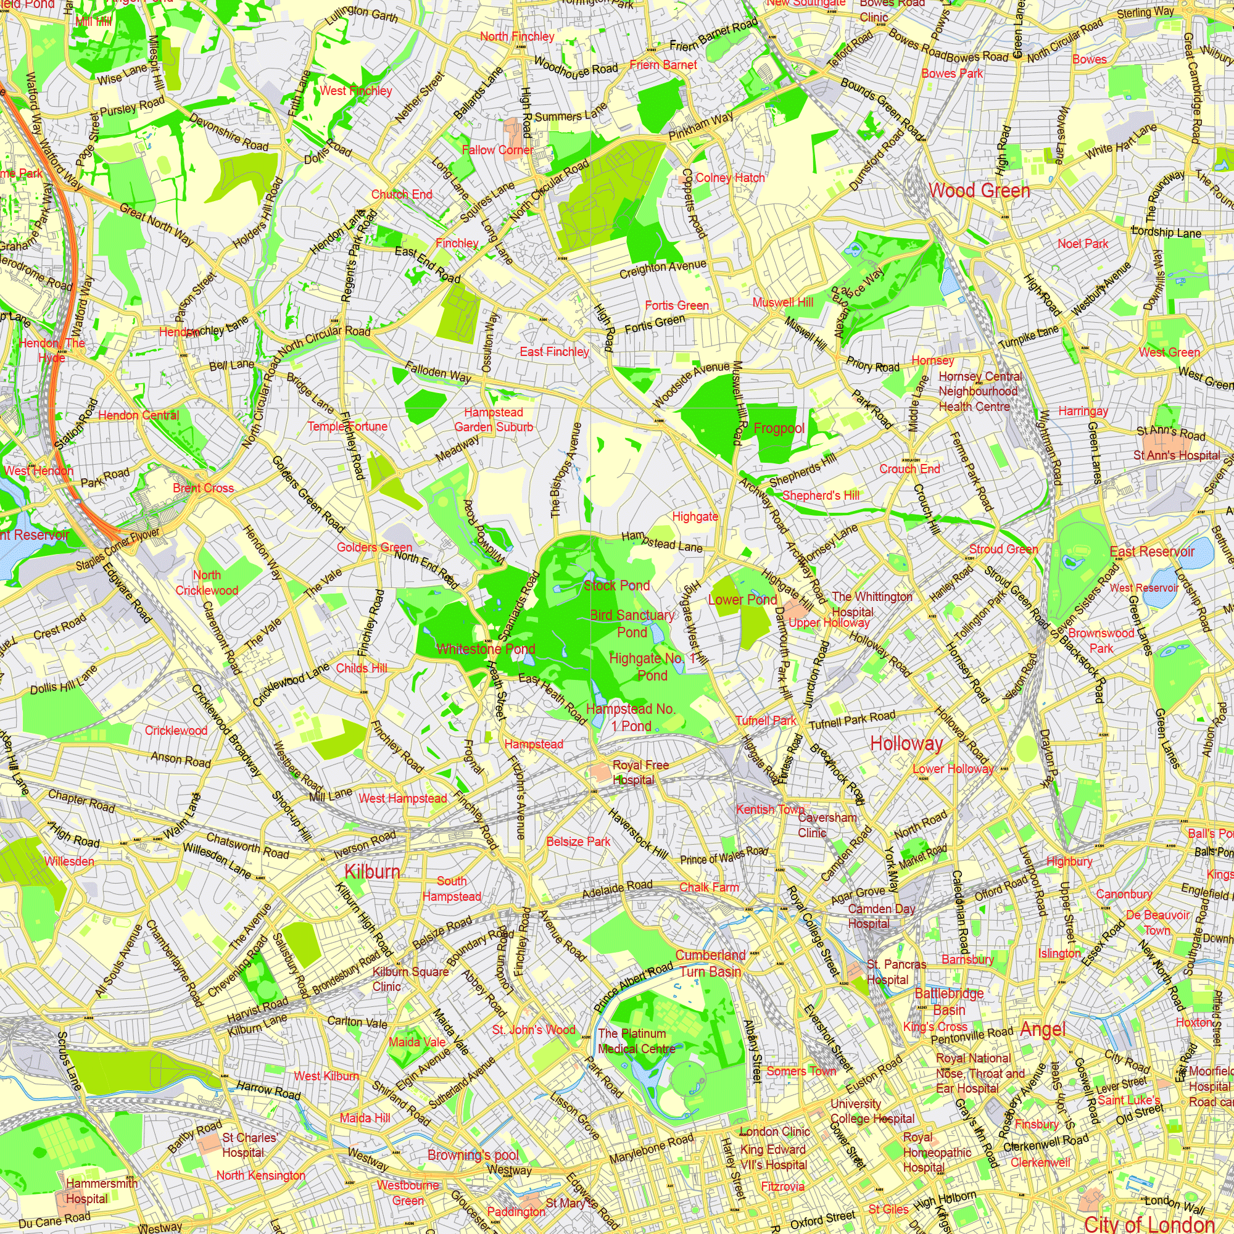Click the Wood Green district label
coord(979,190)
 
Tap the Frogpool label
coord(779,428)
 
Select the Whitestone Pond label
coord(486,649)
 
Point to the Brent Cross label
coord(203,488)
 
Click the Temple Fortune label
coord(347,426)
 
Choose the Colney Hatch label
coord(729,178)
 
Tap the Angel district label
coord(1043,1029)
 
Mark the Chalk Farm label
coord(709,887)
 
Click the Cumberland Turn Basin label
coord(710,963)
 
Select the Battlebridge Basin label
coord(949,1001)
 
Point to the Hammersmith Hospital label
coord(102,1191)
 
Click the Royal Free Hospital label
coord(640,772)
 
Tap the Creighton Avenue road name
coord(663,269)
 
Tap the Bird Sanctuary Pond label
coord(632,623)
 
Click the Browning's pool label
coord(473,1155)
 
